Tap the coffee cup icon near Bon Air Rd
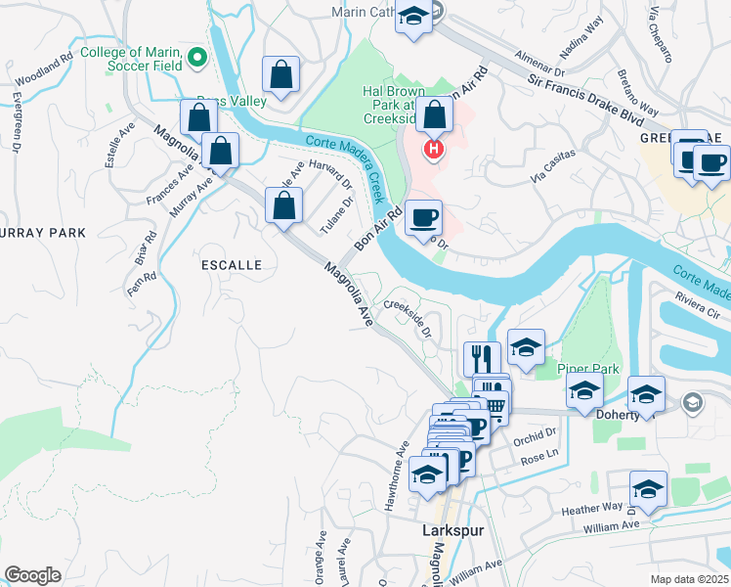coord(423,216)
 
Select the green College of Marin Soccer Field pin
coord(196,57)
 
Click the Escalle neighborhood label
coord(232,265)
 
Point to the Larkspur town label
coord(453,529)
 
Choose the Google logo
coord(32,574)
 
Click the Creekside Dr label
coord(408,317)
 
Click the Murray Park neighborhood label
coord(43,233)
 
